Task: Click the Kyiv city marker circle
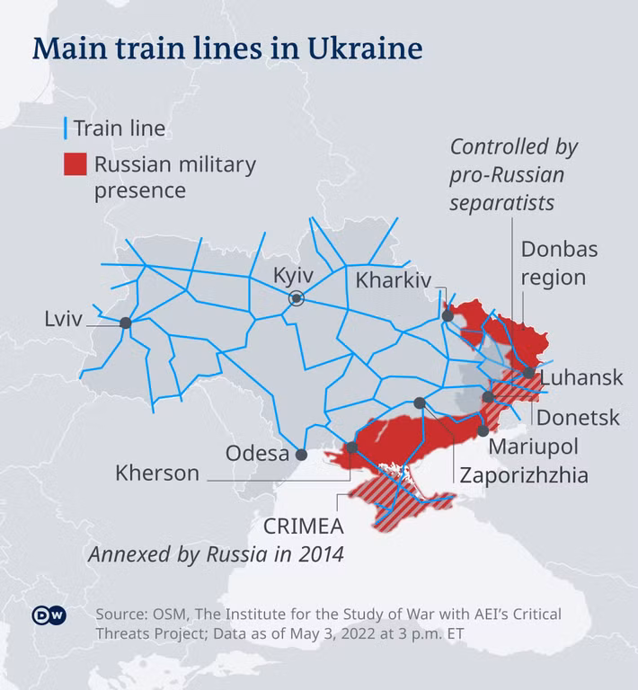coord(296,299)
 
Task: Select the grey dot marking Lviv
coord(126,323)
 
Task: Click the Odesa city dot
coord(301,455)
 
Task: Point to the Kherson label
coord(157,473)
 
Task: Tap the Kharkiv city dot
coord(447,315)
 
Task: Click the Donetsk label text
coord(578,417)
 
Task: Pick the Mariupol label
coord(534,447)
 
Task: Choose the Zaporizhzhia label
coord(524,475)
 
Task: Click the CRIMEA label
coord(301,524)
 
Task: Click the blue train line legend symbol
coord(66,129)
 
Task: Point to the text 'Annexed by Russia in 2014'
coord(216,554)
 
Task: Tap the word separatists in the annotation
coord(502,204)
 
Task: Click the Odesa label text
coord(255,454)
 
